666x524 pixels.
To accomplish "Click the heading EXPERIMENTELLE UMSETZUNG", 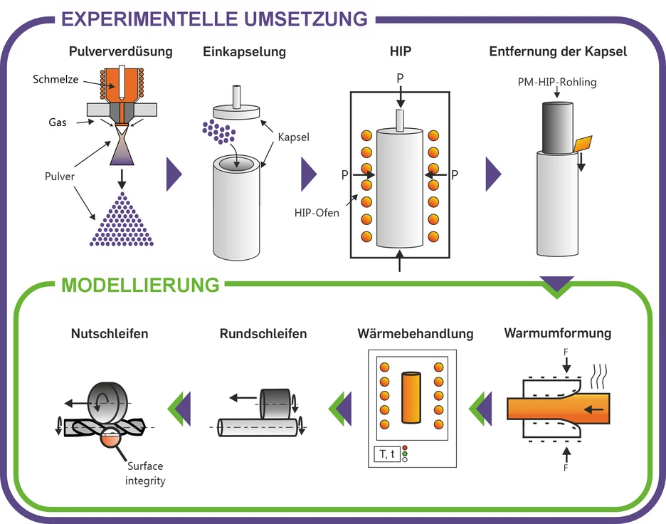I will tap(214, 18).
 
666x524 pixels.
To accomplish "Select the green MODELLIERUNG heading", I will tap(141, 285).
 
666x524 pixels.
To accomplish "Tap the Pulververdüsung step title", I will tap(120, 51).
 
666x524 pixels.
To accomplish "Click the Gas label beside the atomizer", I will tap(58, 122).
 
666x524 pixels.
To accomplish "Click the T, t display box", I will tap(386, 454).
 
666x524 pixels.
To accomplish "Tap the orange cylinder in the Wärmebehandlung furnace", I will tap(412, 399).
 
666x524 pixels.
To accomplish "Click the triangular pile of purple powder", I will tap(120, 224).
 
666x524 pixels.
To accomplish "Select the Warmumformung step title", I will tap(557, 332).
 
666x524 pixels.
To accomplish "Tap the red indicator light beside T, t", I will tap(405, 448).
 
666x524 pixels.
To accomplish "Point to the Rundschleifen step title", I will tap(263, 333).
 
